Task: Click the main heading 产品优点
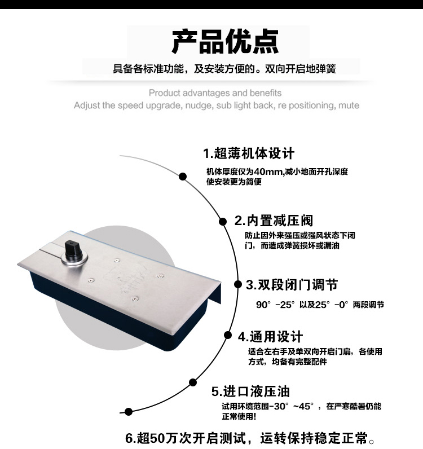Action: point(225,42)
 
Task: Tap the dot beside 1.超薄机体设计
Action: point(183,177)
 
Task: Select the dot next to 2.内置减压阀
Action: point(223,221)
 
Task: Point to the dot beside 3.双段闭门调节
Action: point(238,284)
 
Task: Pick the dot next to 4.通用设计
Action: point(228,335)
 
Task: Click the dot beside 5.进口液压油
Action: point(193,382)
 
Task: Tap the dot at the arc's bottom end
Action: point(129,412)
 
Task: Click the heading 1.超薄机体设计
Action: point(249,153)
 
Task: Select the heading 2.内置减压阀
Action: point(274,221)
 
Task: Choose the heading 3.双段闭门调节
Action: point(292,285)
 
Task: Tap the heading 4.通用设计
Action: point(270,337)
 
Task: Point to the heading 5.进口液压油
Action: point(250,391)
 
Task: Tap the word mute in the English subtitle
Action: point(349,105)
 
